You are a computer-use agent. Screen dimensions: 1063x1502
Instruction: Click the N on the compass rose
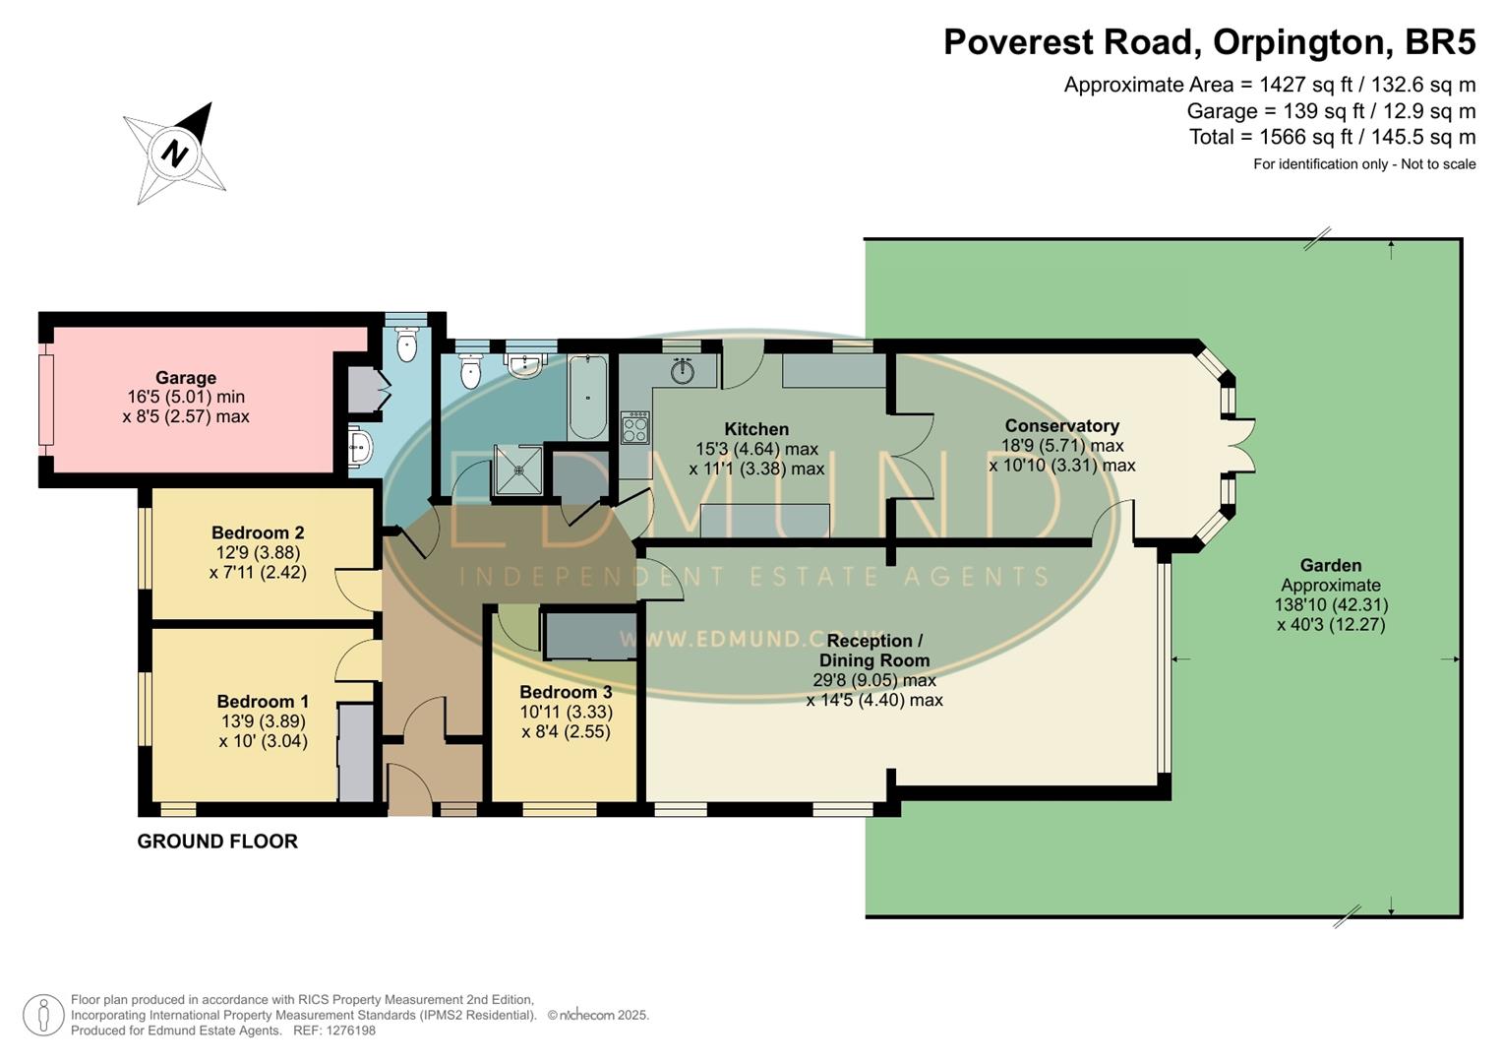(175, 155)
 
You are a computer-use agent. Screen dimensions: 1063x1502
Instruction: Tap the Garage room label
(185, 378)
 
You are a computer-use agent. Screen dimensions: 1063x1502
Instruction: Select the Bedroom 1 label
(263, 702)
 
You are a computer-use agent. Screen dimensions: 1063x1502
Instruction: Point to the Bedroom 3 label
(566, 692)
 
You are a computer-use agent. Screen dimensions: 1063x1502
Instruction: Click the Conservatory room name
(1061, 426)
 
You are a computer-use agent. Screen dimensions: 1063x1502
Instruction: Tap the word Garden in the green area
(1330, 566)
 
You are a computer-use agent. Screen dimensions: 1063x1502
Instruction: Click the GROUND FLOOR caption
(217, 842)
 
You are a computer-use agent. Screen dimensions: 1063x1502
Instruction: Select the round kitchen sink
(684, 372)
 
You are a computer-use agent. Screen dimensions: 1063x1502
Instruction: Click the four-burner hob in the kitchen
(635, 427)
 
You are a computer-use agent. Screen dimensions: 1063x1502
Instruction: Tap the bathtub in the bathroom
(588, 397)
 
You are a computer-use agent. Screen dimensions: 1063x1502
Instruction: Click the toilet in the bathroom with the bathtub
(470, 371)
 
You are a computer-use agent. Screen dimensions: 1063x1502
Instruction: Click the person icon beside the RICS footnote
(43, 1015)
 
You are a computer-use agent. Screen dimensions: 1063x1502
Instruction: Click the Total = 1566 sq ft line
(1332, 137)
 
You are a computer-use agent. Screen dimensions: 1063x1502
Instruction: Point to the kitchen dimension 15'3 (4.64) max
(756, 449)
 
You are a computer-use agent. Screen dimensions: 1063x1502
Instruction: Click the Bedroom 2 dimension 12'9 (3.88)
(258, 553)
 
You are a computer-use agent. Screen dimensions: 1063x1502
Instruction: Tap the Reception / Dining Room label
(873, 651)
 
